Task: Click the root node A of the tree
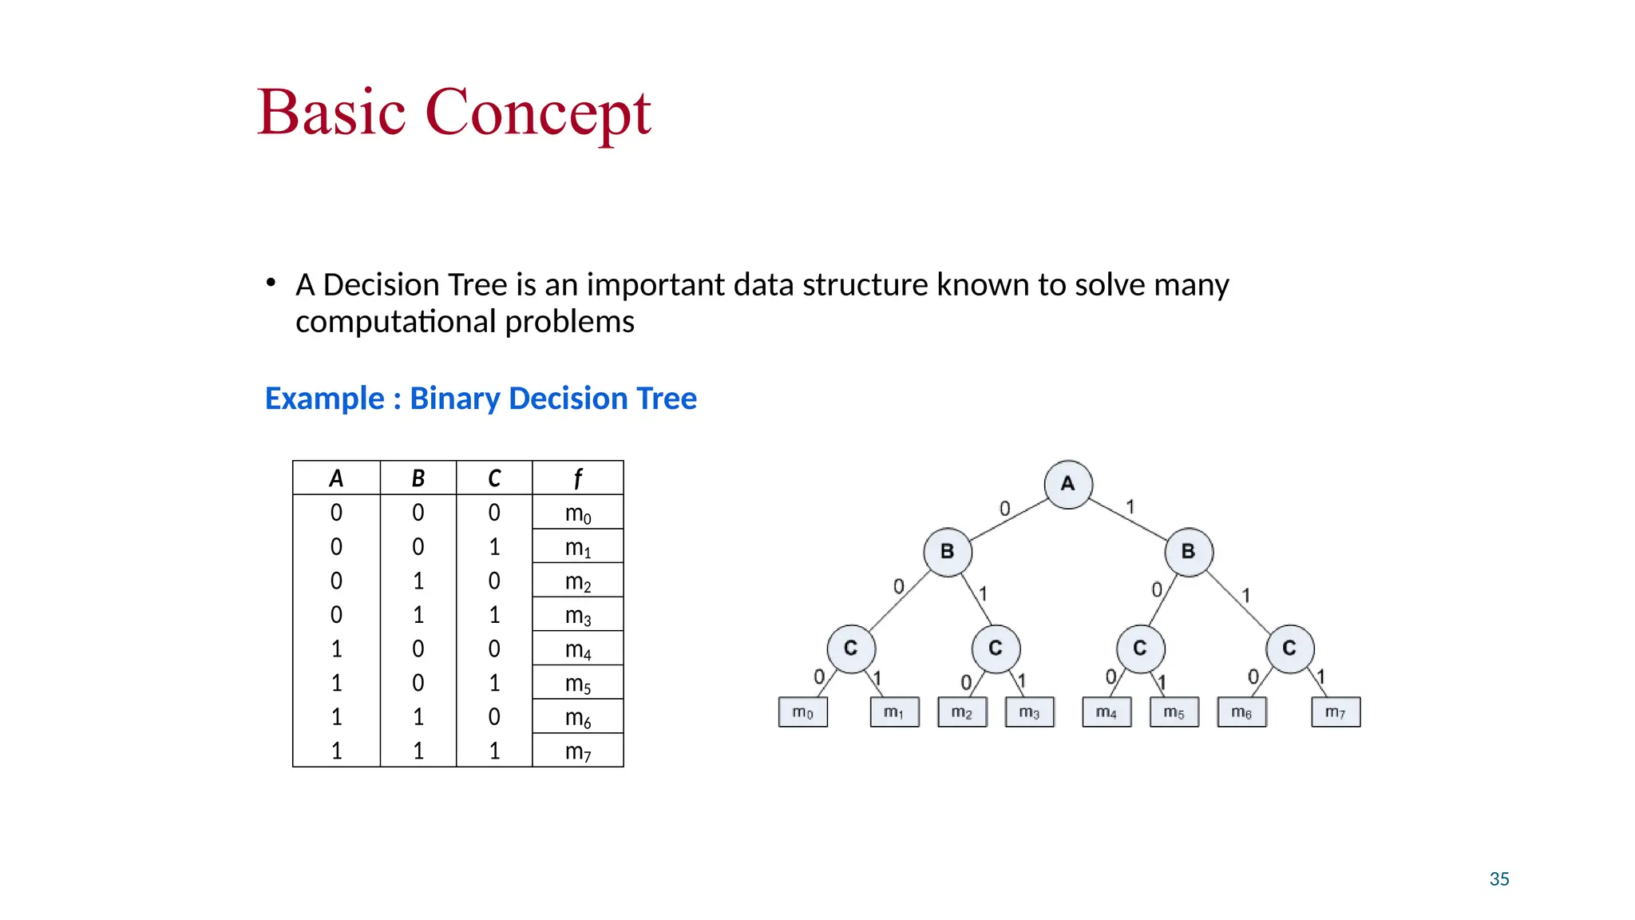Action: (1068, 484)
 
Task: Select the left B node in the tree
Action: (948, 552)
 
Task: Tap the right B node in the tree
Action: (1189, 552)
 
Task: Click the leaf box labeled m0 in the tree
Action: (802, 712)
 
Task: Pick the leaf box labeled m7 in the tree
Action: (1336, 712)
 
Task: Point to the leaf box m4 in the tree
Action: (1106, 712)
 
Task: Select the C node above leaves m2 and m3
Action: (996, 648)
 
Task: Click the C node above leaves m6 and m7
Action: (1290, 648)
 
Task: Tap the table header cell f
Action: (577, 478)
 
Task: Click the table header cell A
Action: (336, 478)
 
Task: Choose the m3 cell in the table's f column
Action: (577, 615)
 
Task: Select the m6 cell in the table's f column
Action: (577, 717)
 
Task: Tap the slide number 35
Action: (1499, 879)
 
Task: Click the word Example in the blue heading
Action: (324, 399)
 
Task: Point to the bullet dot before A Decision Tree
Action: (271, 283)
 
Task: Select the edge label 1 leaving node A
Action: (1130, 506)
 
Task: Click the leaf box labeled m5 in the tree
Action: (1174, 712)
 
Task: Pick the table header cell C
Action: (494, 478)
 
